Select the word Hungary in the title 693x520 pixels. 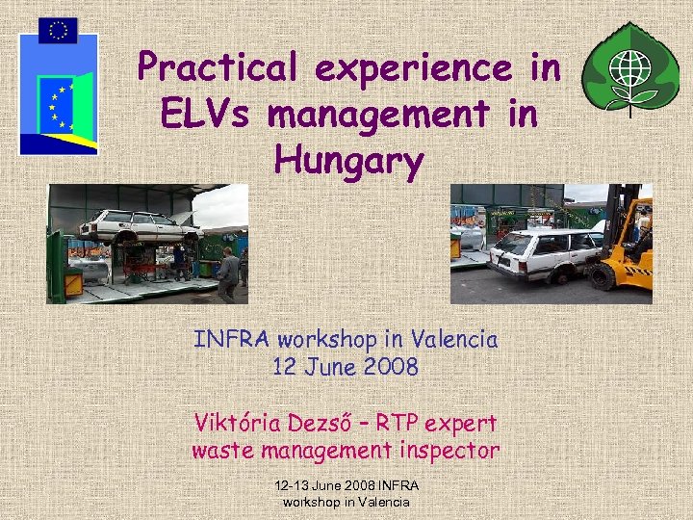pyautogui.click(x=347, y=162)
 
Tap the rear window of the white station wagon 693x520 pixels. pyautogui.click(x=511, y=242)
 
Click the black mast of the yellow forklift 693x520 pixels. pyautogui.click(x=614, y=217)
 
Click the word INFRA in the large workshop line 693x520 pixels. pyautogui.click(x=235, y=339)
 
